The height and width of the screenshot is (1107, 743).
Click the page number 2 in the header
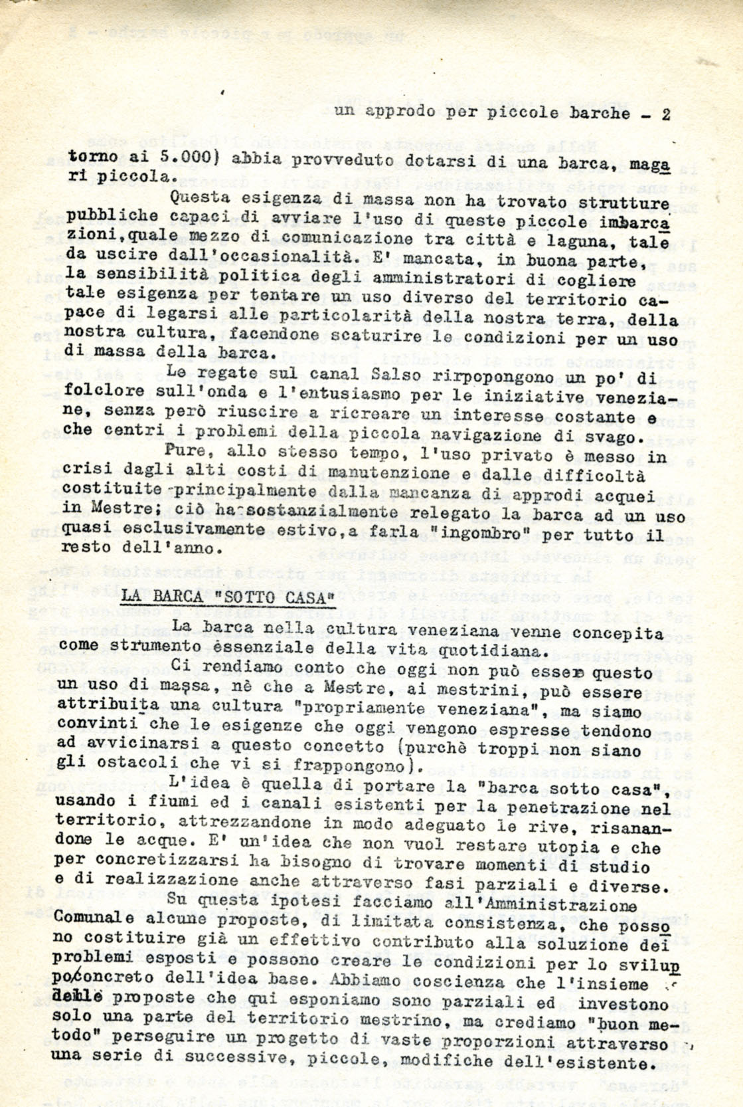[665, 114]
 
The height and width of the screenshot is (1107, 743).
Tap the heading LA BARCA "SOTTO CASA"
[226, 597]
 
